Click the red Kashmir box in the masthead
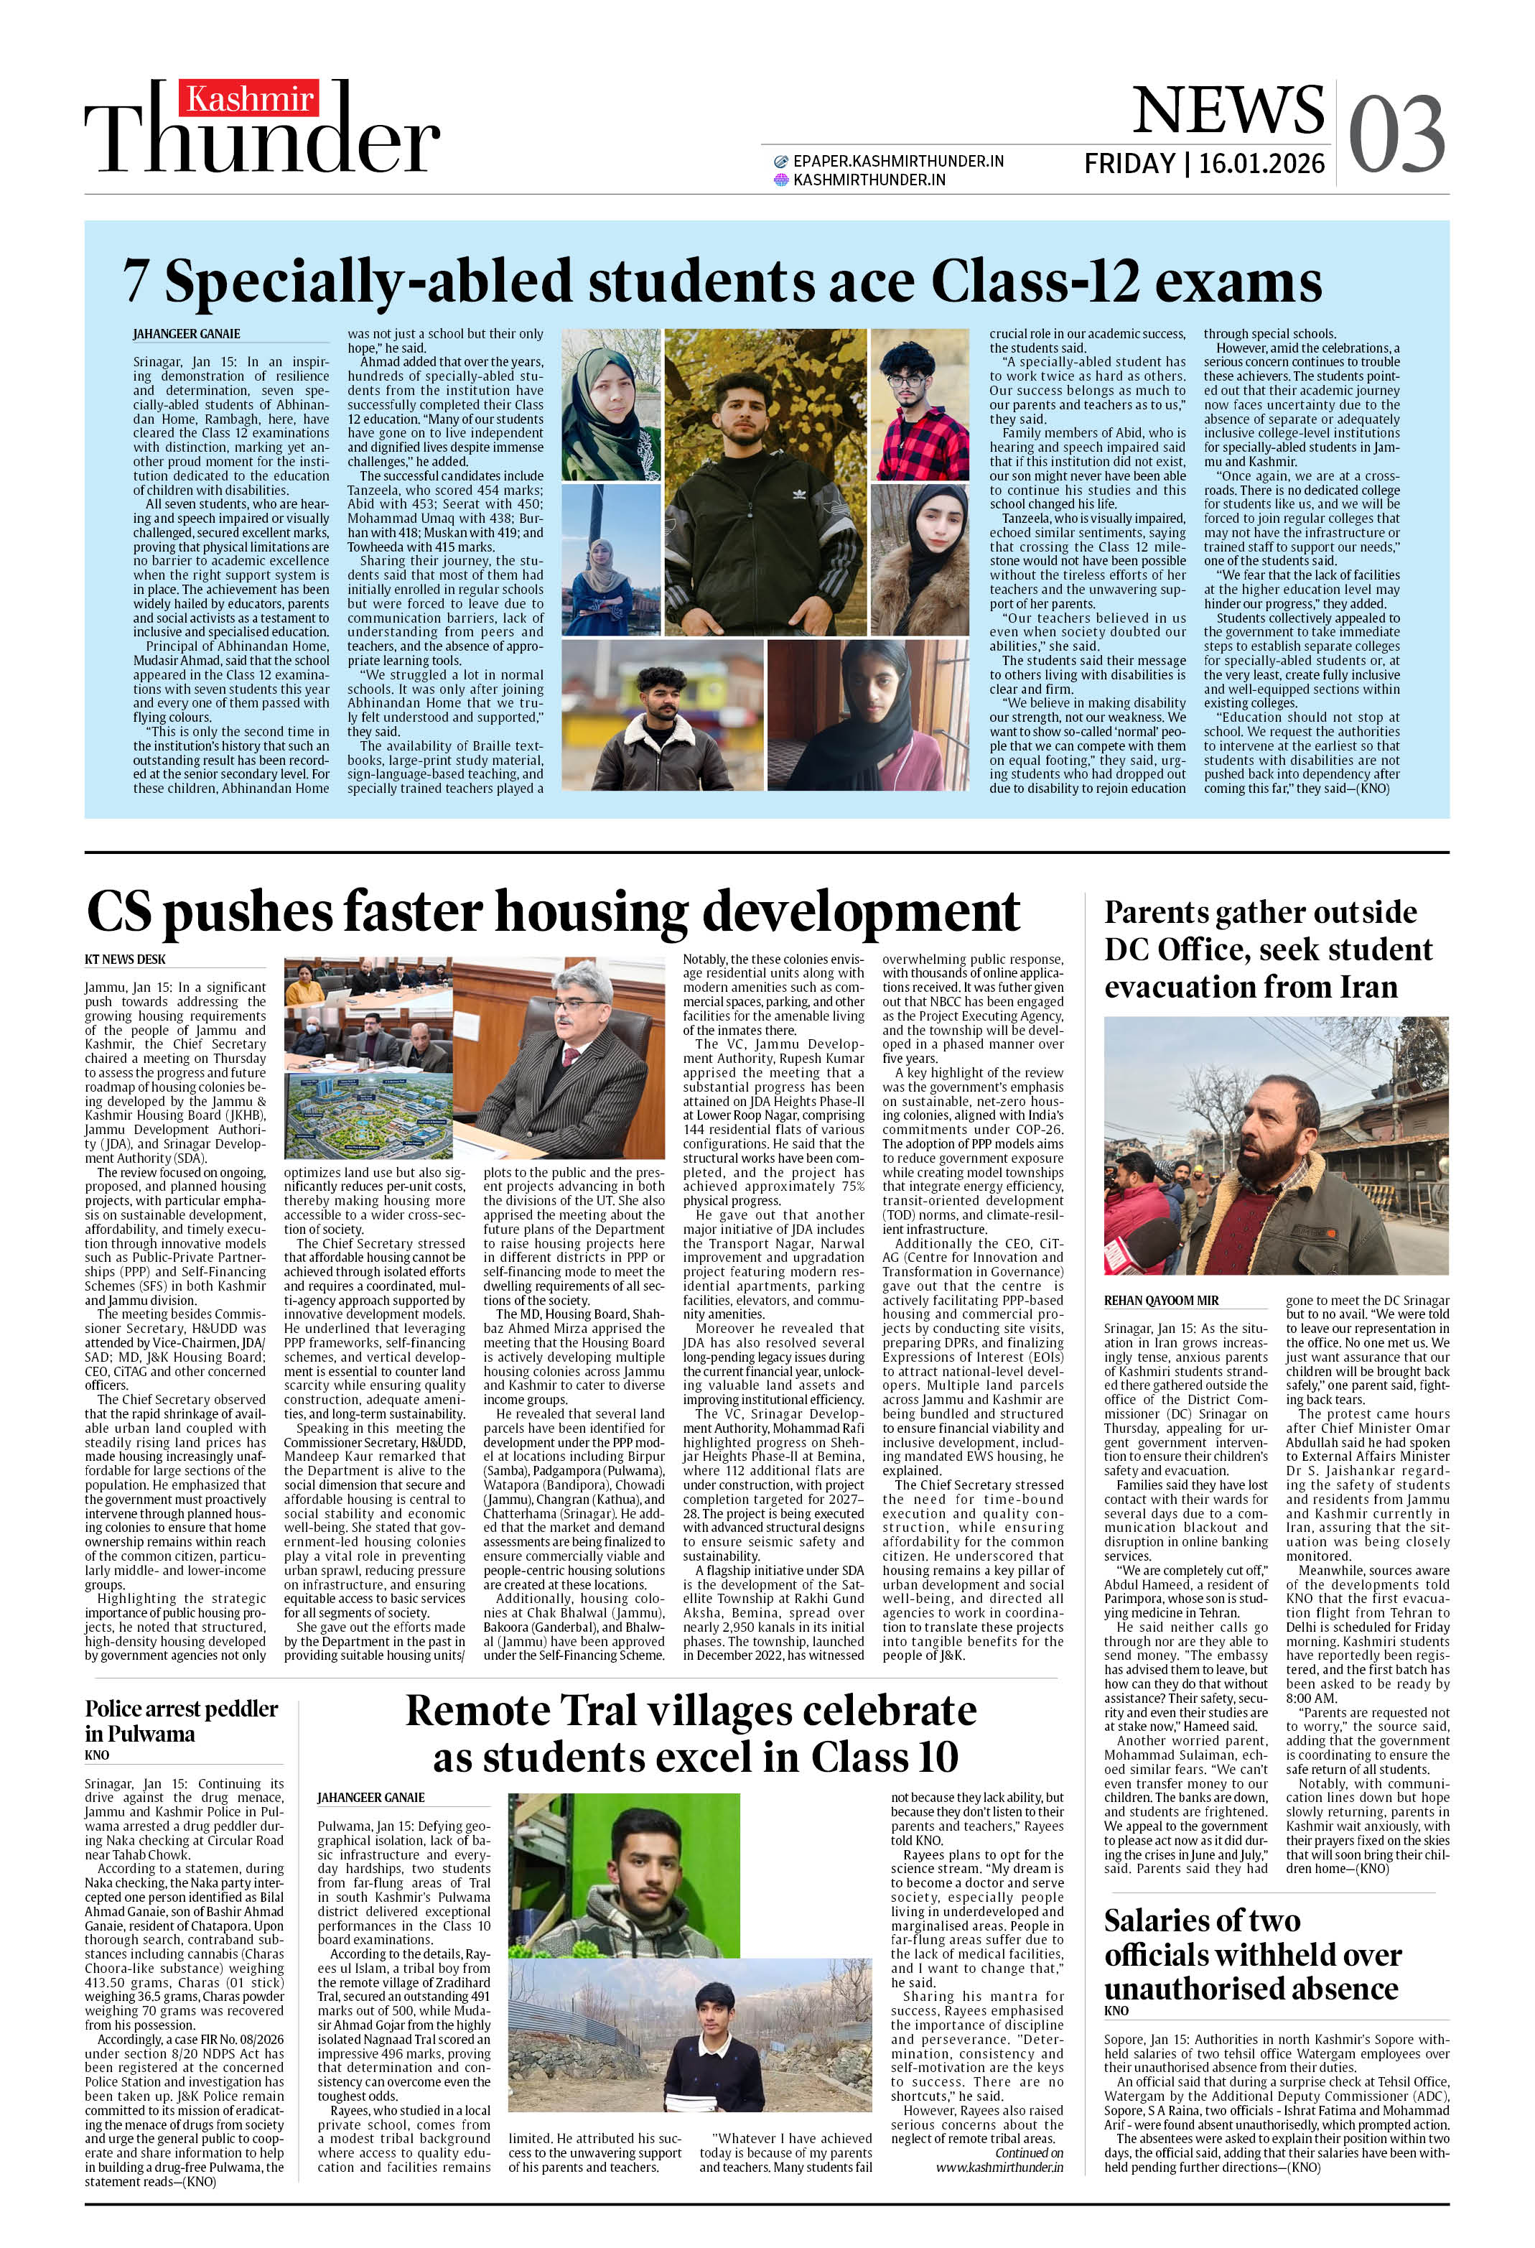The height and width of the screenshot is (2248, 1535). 250,98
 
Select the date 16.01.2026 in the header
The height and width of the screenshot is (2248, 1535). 1261,164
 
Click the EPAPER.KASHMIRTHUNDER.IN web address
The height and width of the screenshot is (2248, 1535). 897,162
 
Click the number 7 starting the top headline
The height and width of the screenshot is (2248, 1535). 136,282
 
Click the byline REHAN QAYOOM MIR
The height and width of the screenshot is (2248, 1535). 1161,1301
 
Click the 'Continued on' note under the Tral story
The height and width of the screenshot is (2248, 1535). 1029,2153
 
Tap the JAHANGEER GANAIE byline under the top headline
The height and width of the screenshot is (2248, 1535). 187,334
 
